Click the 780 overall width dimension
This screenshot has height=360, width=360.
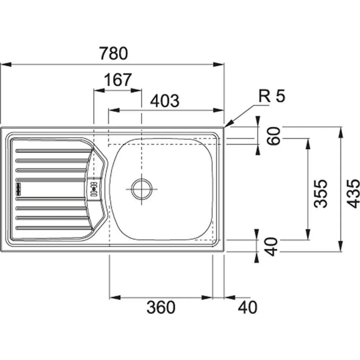[x=114, y=53]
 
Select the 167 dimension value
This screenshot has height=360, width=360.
[x=118, y=80]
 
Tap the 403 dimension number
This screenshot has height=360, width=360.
[x=165, y=101]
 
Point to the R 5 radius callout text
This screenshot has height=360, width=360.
[x=272, y=96]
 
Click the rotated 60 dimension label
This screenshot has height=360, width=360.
[x=274, y=136]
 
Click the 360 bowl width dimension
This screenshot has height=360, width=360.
[x=161, y=307]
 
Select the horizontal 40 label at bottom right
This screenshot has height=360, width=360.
[x=247, y=307]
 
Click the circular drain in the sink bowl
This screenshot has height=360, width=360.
[x=142, y=189]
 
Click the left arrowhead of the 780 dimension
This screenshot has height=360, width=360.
[x=5, y=65]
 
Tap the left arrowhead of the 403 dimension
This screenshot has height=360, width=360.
[x=114, y=110]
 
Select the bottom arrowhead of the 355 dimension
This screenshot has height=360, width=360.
[x=308, y=235]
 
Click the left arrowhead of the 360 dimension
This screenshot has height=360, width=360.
[x=115, y=298]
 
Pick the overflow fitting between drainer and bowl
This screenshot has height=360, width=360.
[x=94, y=189]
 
